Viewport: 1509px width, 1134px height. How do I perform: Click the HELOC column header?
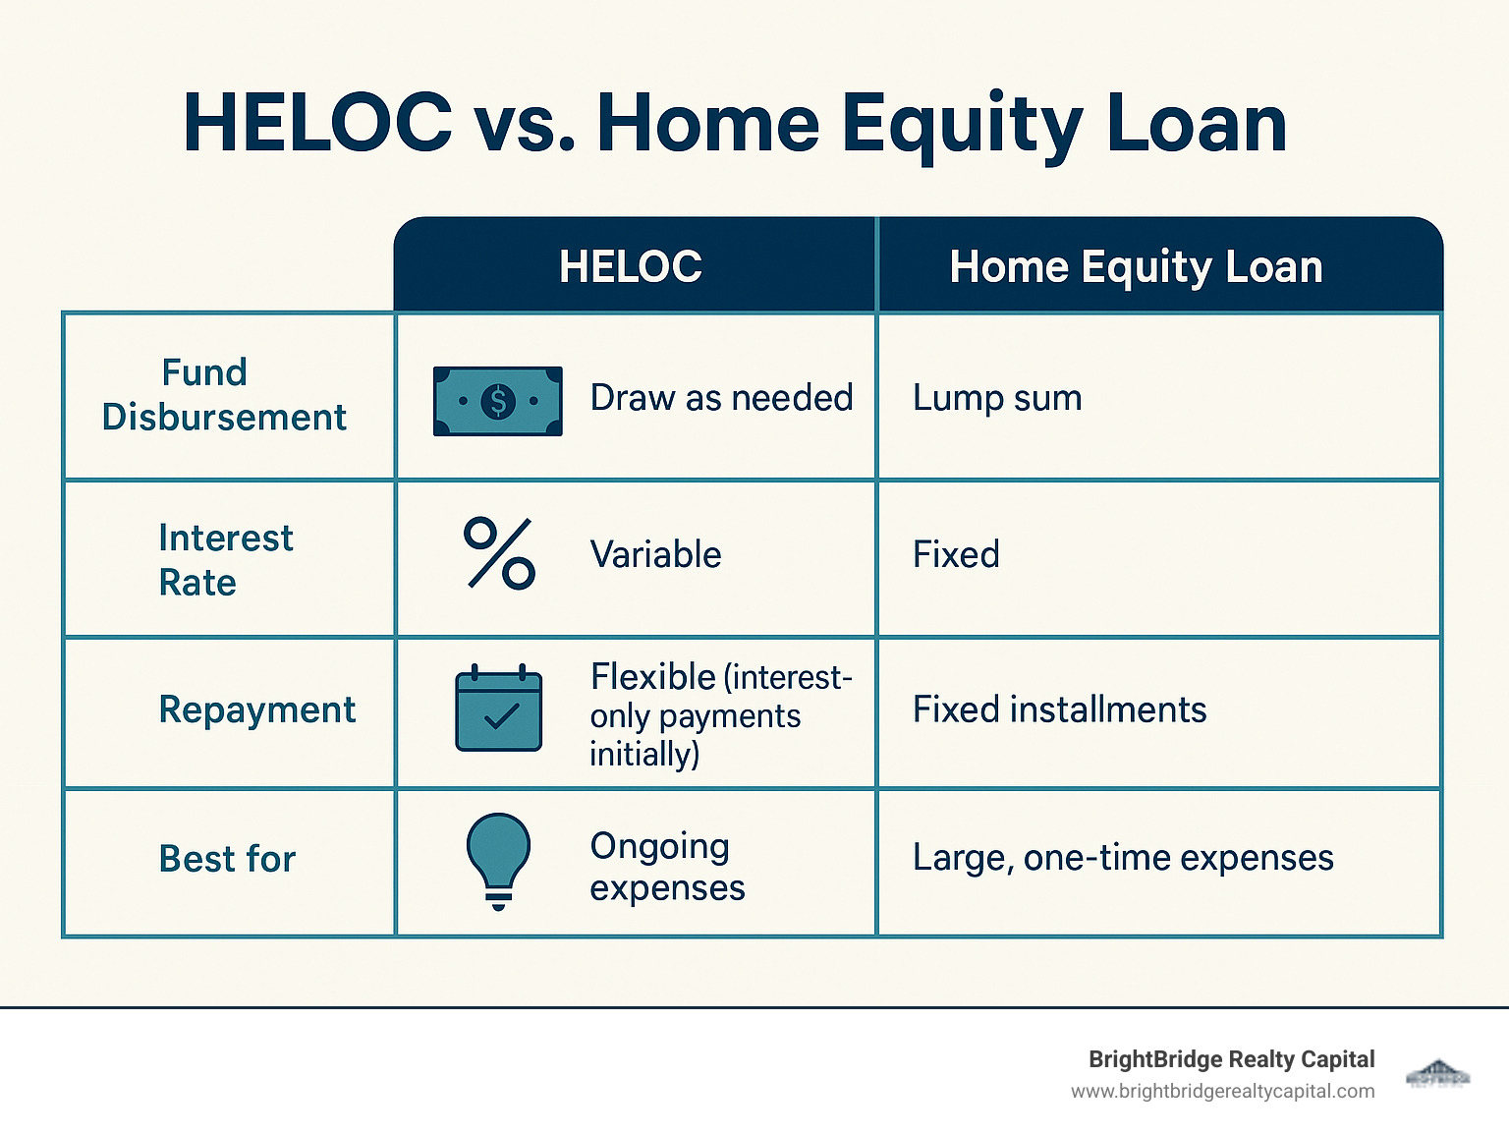[631, 266]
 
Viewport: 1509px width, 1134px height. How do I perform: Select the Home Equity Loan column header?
[1136, 266]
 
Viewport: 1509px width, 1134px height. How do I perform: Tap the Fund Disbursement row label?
[224, 395]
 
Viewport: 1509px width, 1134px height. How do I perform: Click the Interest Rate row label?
[226, 560]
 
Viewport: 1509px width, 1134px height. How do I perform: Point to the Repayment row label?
[256, 709]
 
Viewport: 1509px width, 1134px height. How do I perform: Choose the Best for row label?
[227, 859]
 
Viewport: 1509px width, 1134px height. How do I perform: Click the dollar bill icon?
[498, 401]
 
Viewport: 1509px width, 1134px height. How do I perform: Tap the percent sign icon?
[499, 553]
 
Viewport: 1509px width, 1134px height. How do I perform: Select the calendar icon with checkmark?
[499, 709]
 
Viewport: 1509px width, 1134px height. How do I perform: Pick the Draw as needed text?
[721, 398]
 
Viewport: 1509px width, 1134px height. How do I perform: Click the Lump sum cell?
[997, 398]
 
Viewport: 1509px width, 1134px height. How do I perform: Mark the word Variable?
[655, 555]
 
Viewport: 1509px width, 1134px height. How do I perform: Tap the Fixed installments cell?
[1059, 709]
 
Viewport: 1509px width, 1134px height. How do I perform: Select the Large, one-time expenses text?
[1123, 858]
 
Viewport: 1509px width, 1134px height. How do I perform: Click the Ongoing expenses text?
[667, 867]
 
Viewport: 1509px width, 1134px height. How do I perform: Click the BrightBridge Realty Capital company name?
[1231, 1059]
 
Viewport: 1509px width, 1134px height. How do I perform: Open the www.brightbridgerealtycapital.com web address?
[1222, 1092]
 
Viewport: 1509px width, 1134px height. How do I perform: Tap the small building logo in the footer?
[1437, 1073]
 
